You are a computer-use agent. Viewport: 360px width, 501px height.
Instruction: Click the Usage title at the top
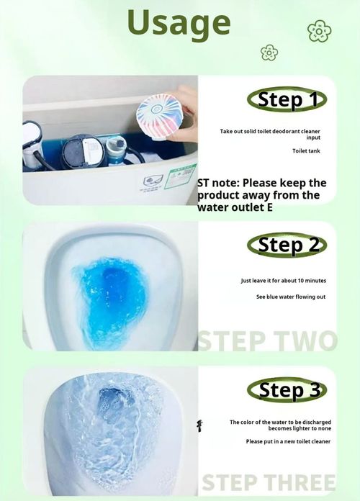pyautogui.click(x=179, y=23)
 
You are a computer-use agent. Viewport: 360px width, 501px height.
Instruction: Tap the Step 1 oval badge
pyautogui.click(x=287, y=99)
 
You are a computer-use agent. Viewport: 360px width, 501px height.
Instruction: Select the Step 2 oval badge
pyautogui.click(x=287, y=245)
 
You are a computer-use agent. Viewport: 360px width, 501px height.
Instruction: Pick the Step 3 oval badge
pyautogui.click(x=287, y=391)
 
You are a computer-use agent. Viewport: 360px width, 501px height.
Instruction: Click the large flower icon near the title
pyautogui.click(x=319, y=31)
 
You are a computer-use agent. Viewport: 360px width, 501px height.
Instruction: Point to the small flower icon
pyautogui.click(x=269, y=52)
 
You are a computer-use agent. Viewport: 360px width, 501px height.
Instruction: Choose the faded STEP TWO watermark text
pyautogui.click(x=267, y=340)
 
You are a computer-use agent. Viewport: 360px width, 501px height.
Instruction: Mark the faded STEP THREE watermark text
pyautogui.click(x=268, y=482)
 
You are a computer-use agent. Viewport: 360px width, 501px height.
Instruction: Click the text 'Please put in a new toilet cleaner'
pyautogui.click(x=287, y=441)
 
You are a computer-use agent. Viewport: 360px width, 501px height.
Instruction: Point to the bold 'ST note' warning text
pyautogui.click(x=261, y=195)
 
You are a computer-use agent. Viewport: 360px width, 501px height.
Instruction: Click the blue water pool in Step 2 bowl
pyautogui.click(x=112, y=295)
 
